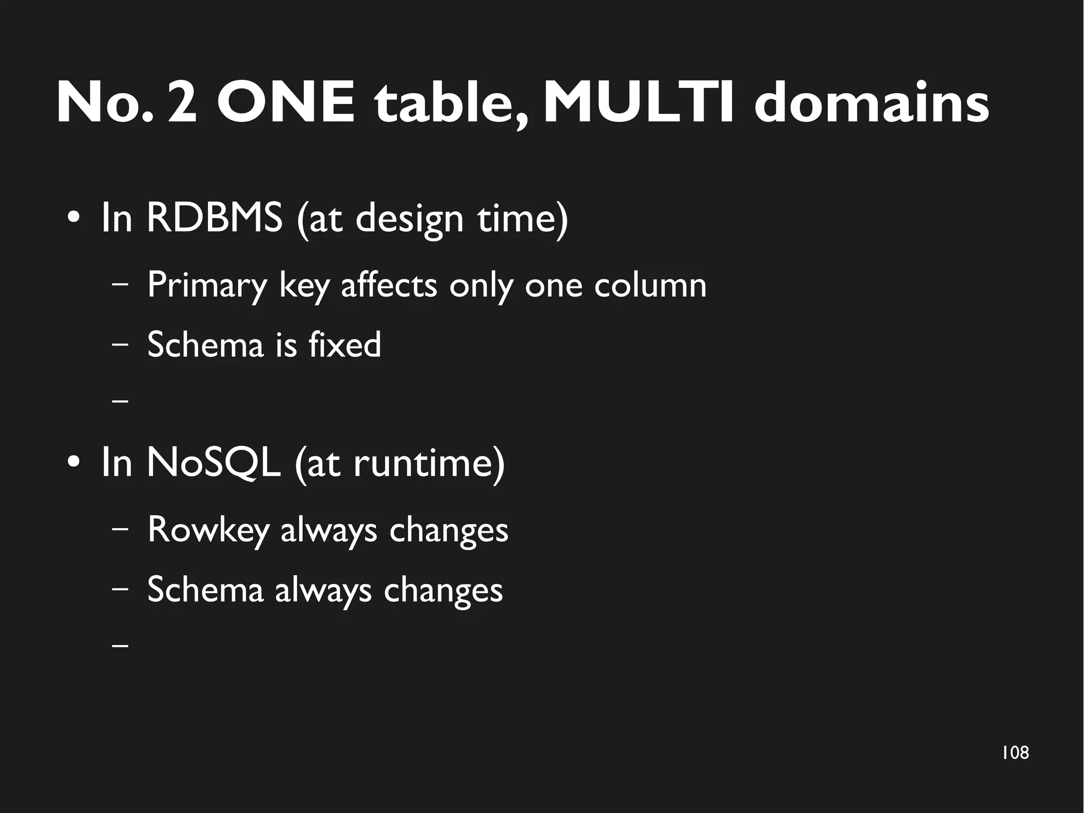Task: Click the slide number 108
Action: click(1015, 753)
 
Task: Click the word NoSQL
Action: click(213, 462)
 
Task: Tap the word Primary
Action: click(207, 285)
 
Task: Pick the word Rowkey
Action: click(209, 529)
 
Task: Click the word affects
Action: click(389, 285)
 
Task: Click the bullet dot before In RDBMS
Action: click(74, 218)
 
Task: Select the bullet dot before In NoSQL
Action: click(74, 463)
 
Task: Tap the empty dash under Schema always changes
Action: click(121, 646)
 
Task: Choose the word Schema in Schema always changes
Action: click(205, 589)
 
